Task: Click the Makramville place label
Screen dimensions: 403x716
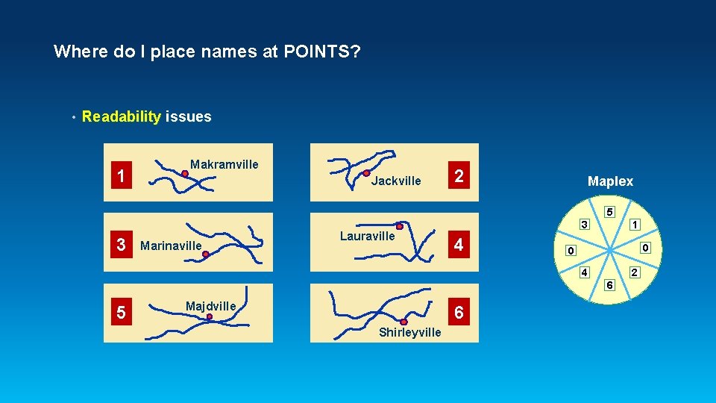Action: point(224,164)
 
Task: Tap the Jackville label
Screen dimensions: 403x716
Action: point(396,181)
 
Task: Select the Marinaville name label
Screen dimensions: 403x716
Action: point(171,246)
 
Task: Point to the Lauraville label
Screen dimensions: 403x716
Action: point(367,236)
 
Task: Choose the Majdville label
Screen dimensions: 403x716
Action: point(210,306)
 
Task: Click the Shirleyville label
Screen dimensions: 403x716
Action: point(409,333)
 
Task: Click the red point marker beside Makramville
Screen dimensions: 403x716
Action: point(184,173)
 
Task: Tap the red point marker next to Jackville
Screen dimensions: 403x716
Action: point(366,173)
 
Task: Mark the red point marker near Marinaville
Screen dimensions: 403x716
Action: point(206,254)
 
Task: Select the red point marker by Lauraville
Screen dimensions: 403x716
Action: point(399,226)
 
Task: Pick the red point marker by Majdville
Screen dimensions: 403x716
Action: point(210,316)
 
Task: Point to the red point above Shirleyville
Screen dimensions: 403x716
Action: point(403,322)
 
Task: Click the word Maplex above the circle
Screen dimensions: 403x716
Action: point(610,181)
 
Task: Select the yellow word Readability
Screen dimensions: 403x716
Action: point(122,116)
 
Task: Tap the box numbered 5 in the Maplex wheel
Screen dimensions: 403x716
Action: point(609,212)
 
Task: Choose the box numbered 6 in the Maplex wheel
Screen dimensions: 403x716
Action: point(609,284)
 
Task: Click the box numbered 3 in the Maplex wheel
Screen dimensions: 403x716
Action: point(585,224)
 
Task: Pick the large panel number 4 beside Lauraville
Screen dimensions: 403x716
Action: point(459,245)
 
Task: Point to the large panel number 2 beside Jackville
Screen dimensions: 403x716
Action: point(459,177)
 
